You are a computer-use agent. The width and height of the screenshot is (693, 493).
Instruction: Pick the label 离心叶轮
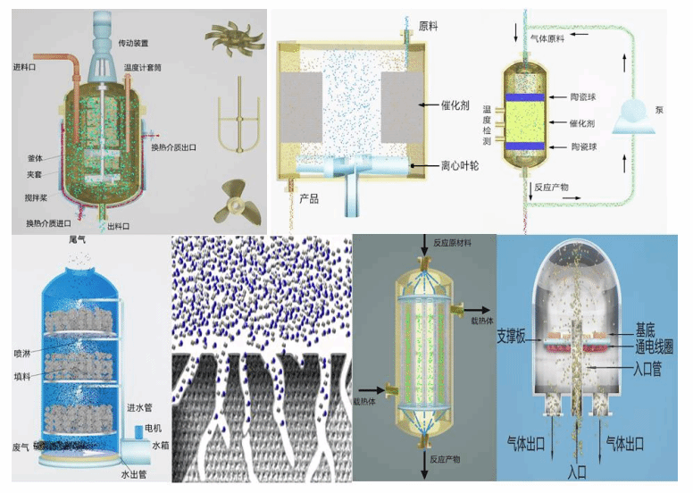click(x=438, y=165)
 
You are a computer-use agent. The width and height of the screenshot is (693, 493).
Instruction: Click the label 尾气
click(x=78, y=241)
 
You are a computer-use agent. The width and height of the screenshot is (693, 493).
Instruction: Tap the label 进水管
click(x=142, y=409)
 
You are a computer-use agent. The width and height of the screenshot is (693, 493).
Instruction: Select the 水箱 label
click(x=160, y=444)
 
